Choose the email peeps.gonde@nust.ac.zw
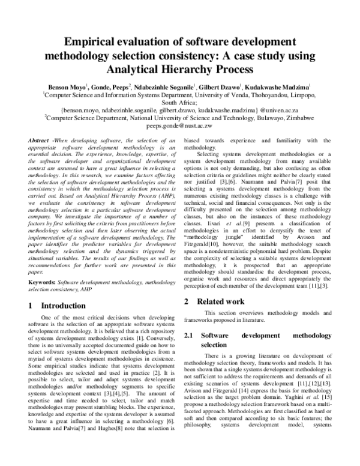coord(179,127)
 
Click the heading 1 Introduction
coord(57,306)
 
